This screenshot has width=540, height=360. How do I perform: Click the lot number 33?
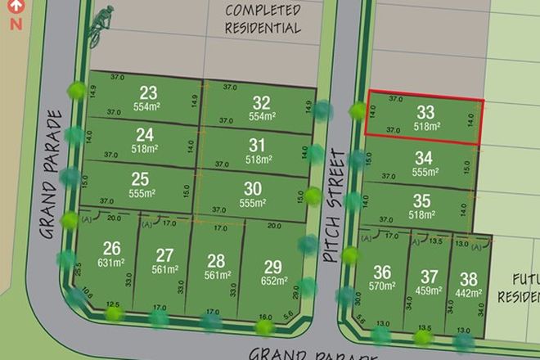tap(425, 112)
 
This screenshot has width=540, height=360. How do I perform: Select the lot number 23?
tap(148, 92)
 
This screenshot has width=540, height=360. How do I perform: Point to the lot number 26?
tap(111, 248)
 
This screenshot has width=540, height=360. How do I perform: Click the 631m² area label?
tap(112, 263)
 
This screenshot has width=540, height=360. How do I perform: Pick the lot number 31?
tap(259, 146)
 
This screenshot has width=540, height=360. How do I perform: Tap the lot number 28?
tap(216, 261)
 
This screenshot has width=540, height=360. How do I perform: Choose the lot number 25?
tap(140, 178)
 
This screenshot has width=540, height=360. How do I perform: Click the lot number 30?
tap(253, 187)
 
